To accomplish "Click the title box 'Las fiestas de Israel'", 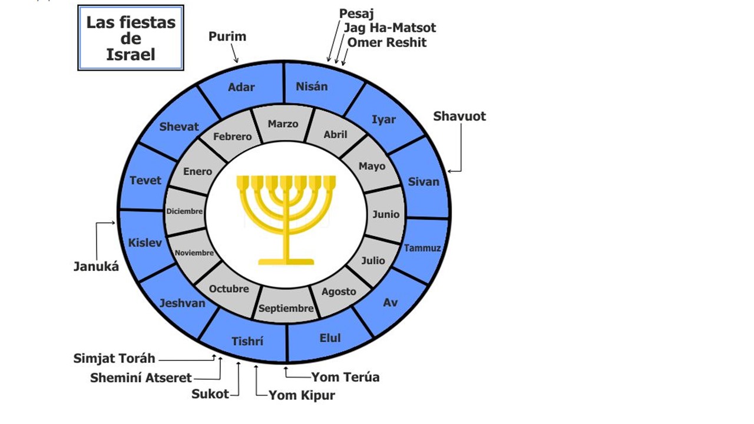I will [x=131, y=38].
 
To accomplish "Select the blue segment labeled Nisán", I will [x=312, y=87].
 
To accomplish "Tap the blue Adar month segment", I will [x=242, y=87].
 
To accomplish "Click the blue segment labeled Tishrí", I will [x=247, y=342].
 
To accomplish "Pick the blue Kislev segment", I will [x=145, y=243].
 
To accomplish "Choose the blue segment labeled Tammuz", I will [x=422, y=248].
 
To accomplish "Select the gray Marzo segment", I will [x=283, y=124].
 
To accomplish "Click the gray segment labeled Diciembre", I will [x=184, y=211].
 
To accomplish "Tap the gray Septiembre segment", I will [x=286, y=308].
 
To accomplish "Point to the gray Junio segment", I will [x=386, y=214].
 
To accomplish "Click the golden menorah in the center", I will [x=286, y=212].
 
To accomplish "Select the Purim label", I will [x=227, y=37].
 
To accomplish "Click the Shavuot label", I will [x=459, y=116].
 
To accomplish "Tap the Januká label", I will [x=96, y=266].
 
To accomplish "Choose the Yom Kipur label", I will [x=302, y=395].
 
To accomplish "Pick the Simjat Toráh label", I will [x=114, y=358].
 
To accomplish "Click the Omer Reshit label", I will [x=387, y=42].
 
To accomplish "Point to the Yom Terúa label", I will [x=345, y=377].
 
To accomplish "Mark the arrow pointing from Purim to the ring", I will [x=234, y=55].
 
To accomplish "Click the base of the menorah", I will [x=286, y=261].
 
